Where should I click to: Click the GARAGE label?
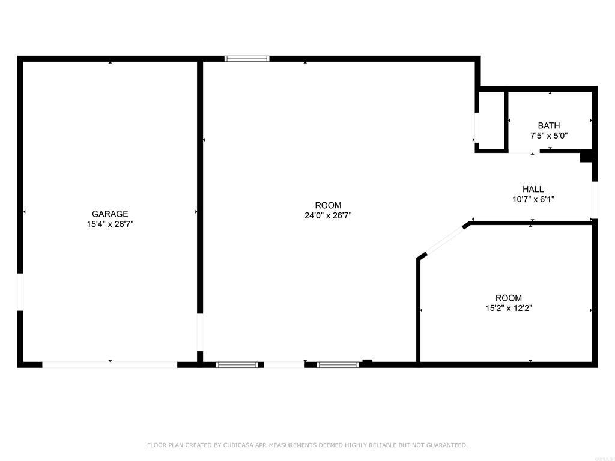click(x=110, y=214)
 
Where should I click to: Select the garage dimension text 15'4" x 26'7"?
click(x=110, y=224)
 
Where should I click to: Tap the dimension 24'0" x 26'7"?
click(x=328, y=215)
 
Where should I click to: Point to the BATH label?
click(x=548, y=125)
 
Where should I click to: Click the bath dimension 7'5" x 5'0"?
click(x=548, y=136)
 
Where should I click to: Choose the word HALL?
click(x=533, y=189)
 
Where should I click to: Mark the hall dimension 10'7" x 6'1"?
click(x=533, y=199)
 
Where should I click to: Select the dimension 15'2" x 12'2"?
click(x=509, y=309)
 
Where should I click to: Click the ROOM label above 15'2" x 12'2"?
click(x=509, y=298)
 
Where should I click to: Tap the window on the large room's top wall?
click(x=247, y=59)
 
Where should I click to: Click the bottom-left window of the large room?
click(x=237, y=364)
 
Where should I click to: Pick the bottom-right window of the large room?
click(x=338, y=364)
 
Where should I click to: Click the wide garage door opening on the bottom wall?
click(x=109, y=364)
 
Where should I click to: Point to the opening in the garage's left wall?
click(x=20, y=292)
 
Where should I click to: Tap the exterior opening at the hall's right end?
click(x=595, y=200)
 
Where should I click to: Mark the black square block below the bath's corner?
click(x=586, y=157)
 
